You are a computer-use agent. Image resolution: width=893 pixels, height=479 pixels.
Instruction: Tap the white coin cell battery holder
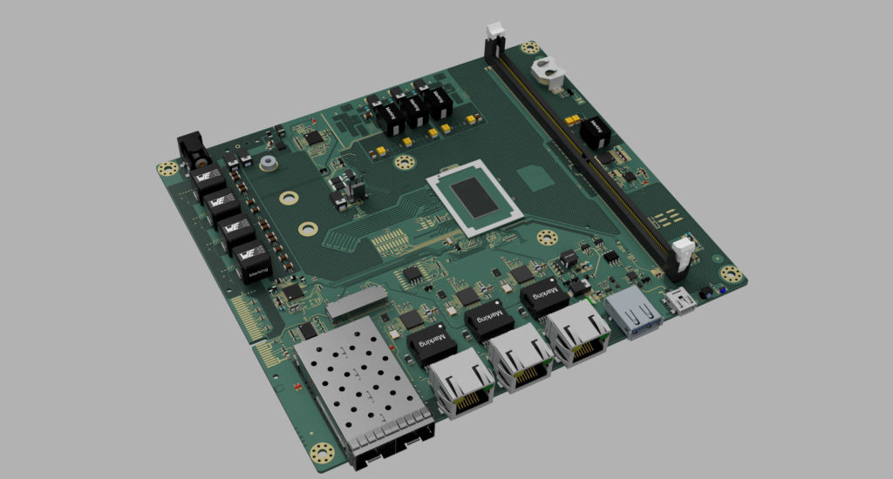click(550, 72)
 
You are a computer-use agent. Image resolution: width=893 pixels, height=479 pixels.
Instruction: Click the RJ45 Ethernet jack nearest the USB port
click(576, 337)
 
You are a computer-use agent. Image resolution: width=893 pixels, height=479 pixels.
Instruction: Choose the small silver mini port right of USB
click(678, 302)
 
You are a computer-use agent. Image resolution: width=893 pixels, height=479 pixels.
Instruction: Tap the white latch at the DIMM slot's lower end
click(684, 253)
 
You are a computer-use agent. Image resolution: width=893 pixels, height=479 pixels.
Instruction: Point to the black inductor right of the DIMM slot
click(596, 132)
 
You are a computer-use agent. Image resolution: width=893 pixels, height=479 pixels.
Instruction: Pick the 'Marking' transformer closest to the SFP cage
click(432, 342)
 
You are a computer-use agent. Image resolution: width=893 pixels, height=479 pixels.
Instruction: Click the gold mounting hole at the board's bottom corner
click(322, 453)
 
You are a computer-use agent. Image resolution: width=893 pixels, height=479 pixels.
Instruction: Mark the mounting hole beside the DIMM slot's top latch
click(527, 49)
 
